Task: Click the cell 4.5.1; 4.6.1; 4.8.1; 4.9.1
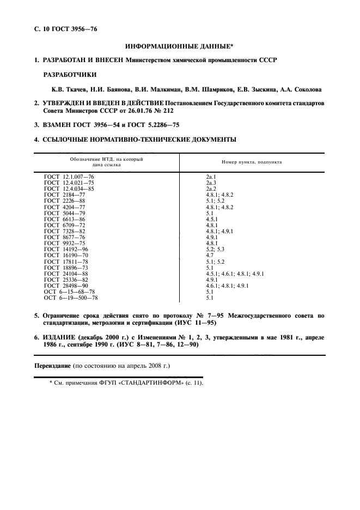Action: pos(235,274)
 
